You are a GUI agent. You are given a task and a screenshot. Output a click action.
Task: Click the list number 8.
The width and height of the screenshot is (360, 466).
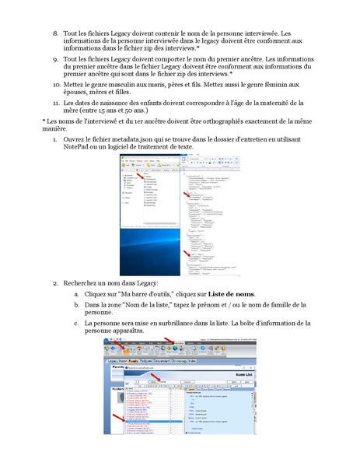pos(55,34)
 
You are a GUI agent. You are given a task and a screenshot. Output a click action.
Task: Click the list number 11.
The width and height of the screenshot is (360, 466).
pos(55,103)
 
